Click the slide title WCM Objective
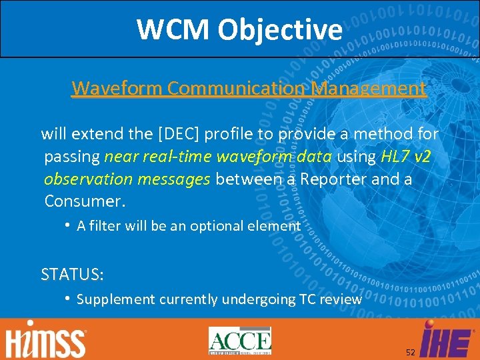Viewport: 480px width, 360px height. [x=239, y=29]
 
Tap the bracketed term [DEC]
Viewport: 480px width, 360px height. [x=178, y=134]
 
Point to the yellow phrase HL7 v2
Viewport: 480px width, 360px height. [x=406, y=157]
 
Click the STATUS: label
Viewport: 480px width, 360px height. [x=72, y=274]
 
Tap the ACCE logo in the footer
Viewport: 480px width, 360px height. [x=240, y=340]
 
